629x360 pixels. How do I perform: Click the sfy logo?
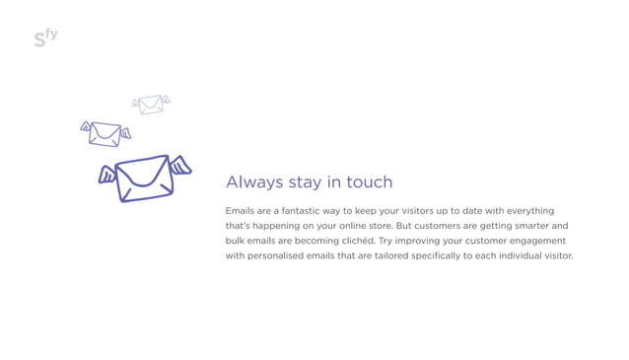point(45,37)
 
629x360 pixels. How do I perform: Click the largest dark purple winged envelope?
point(144,178)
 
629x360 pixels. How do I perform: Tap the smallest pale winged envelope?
point(151,104)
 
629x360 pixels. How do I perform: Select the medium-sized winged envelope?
point(105,133)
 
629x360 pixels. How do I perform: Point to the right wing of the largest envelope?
point(180,165)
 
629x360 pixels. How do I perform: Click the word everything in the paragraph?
point(530,211)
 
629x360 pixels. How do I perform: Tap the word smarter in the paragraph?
point(522,226)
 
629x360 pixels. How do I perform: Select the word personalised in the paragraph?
point(282,255)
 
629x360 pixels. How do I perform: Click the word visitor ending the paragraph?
point(557,255)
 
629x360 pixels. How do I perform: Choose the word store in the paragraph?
point(375,226)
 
